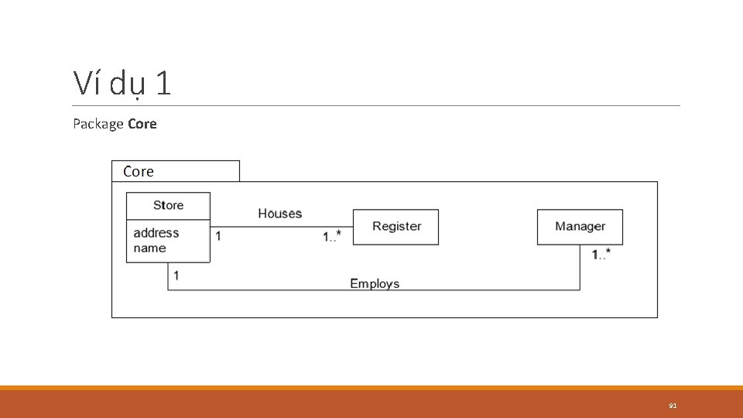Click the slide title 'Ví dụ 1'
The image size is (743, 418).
click(122, 84)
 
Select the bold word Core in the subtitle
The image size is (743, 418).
click(142, 124)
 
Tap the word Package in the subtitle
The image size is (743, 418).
click(98, 124)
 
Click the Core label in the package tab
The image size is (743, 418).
click(139, 171)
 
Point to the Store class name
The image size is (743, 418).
click(168, 205)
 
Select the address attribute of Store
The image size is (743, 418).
click(156, 232)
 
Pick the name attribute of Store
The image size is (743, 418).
click(149, 248)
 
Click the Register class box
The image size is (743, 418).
click(395, 227)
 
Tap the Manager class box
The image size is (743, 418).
click(580, 227)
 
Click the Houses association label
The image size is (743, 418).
click(279, 214)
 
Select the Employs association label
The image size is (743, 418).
click(375, 283)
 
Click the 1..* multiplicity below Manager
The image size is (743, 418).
click(601, 253)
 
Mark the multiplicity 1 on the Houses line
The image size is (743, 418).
click(218, 235)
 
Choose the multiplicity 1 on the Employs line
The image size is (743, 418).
click(176, 275)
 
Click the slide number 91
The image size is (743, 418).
click(673, 405)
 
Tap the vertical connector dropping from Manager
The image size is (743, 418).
click(580, 268)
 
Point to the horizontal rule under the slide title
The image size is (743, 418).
click(377, 106)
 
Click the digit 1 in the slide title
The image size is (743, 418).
click(163, 84)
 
